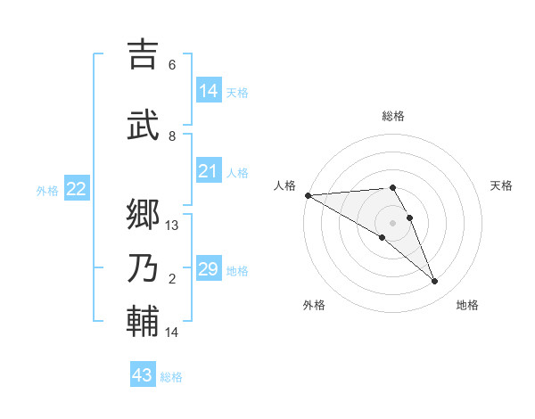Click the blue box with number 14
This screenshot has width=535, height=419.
click(x=209, y=91)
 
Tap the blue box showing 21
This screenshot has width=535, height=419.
click(x=209, y=171)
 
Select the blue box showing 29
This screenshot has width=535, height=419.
click(x=209, y=269)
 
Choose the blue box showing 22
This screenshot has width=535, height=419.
click(x=77, y=189)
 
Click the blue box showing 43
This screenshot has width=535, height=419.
click(x=143, y=375)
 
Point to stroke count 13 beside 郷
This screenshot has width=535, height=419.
click(x=172, y=226)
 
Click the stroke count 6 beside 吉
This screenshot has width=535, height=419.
click(x=172, y=65)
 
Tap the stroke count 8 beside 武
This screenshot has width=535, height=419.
click(x=172, y=136)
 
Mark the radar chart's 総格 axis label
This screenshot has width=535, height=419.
click(x=392, y=116)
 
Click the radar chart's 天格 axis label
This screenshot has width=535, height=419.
click(x=501, y=185)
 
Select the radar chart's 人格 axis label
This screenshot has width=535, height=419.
click(x=284, y=185)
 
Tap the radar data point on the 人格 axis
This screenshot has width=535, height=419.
click(x=308, y=195)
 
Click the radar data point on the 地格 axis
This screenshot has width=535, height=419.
click(x=434, y=282)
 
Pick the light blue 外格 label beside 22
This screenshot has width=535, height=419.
click(x=47, y=190)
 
